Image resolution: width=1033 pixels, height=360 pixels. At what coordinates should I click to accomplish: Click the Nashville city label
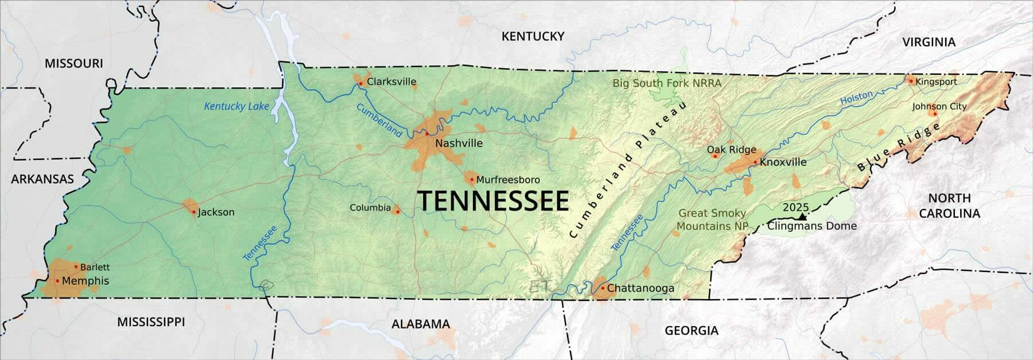(x=459, y=144)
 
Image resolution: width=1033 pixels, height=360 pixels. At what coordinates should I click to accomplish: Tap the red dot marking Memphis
(x=57, y=281)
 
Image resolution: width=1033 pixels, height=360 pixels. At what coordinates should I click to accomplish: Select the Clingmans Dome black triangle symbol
(x=802, y=216)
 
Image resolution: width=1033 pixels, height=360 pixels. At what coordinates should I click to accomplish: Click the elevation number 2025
(x=795, y=207)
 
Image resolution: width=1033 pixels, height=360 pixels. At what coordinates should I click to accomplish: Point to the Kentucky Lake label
(x=236, y=106)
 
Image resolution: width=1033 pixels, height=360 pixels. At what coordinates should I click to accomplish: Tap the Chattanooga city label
(x=640, y=288)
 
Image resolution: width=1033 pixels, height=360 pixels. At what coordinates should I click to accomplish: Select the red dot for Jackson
(x=194, y=212)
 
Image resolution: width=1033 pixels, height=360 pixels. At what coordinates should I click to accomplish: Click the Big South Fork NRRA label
(x=667, y=83)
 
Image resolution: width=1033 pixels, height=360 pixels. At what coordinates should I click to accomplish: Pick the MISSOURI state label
(x=74, y=63)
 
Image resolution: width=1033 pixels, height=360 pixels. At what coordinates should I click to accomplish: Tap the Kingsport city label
(x=936, y=82)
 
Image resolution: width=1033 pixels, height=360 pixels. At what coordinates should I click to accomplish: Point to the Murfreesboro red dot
(x=472, y=180)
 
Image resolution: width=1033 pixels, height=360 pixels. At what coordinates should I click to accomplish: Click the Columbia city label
(x=370, y=208)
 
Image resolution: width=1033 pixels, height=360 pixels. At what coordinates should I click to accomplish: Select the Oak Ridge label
(x=731, y=149)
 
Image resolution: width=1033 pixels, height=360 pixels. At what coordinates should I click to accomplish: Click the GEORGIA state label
(x=691, y=330)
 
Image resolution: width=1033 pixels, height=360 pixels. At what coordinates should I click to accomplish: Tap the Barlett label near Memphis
(x=95, y=267)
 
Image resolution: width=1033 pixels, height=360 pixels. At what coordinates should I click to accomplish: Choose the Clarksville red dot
(x=360, y=83)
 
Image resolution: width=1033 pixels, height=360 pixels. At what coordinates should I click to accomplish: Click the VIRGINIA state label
(x=929, y=42)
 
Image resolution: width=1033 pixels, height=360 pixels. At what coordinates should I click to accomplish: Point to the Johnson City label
(x=939, y=106)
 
